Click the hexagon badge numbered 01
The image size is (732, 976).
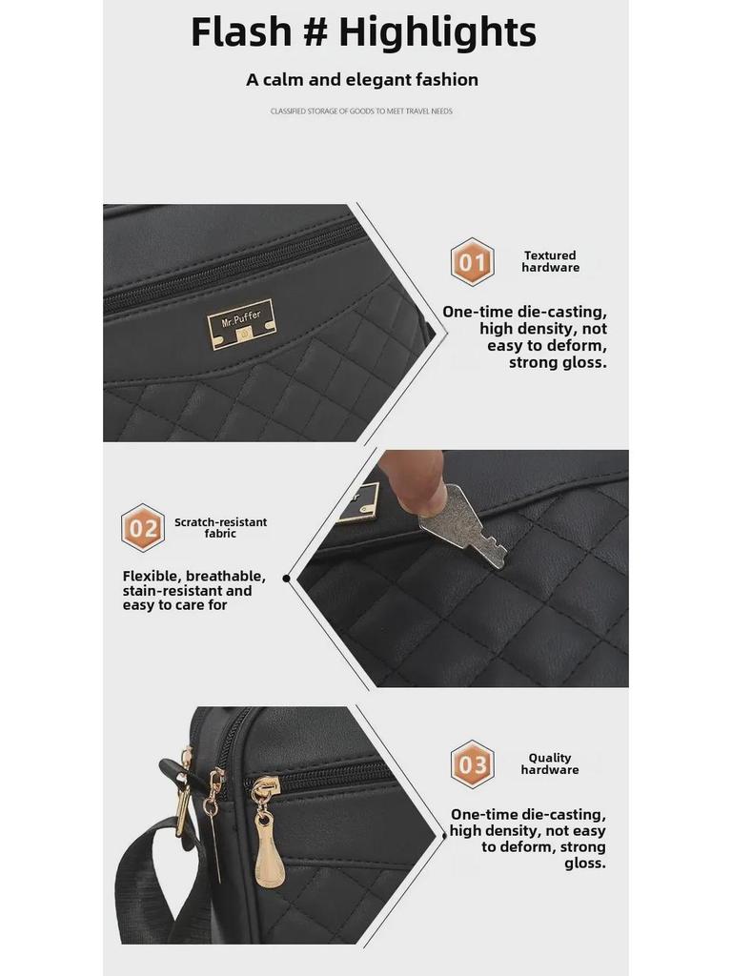tap(473, 261)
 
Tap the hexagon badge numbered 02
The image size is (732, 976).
tap(143, 528)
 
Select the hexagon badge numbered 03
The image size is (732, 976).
tap(473, 764)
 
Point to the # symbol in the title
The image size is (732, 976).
tap(316, 31)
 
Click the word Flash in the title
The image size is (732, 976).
tap(241, 31)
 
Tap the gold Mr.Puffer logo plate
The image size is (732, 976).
tap(240, 324)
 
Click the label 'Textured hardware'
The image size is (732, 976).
tap(550, 261)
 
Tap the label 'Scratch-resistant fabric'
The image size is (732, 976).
tap(220, 528)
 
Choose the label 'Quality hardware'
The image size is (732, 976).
tap(550, 763)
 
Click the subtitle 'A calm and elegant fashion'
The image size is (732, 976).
tap(362, 80)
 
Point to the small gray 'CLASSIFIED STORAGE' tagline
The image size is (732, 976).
tap(361, 112)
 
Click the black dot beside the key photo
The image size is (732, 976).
tap(286, 579)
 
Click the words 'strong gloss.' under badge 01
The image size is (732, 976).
tap(558, 362)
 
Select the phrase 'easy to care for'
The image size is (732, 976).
tap(175, 605)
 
